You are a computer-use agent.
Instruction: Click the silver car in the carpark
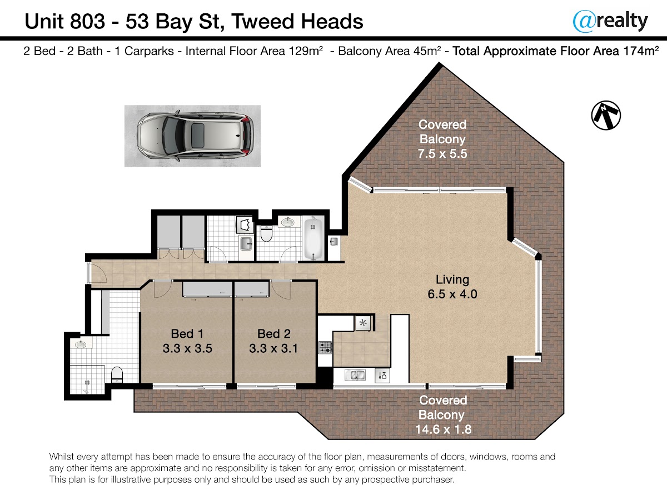click(x=196, y=136)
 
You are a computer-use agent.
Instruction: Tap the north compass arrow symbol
click(x=606, y=116)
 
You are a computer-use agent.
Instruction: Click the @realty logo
click(x=610, y=21)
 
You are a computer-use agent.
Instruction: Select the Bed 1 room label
click(x=187, y=341)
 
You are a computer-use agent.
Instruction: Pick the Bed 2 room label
click(x=273, y=341)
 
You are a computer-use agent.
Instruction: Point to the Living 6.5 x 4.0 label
click(x=452, y=287)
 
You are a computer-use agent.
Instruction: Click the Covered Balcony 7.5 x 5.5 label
click(x=442, y=139)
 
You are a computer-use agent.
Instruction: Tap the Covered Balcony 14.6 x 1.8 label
click(x=443, y=414)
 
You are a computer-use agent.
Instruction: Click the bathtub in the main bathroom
click(x=313, y=239)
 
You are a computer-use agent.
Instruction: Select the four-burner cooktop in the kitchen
click(x=325, y=348)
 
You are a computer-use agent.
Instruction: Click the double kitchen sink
click(x=355, y=375)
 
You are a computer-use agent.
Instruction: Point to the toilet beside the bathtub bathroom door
click(x=266, y=233)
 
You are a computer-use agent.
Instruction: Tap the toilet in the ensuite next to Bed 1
click(x=117, y=375)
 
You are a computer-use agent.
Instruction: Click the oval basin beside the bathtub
click(x=287, y=222)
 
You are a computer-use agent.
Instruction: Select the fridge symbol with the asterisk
click(x=363, y=323)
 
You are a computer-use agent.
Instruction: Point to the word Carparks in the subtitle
click(x=149, y=51)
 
